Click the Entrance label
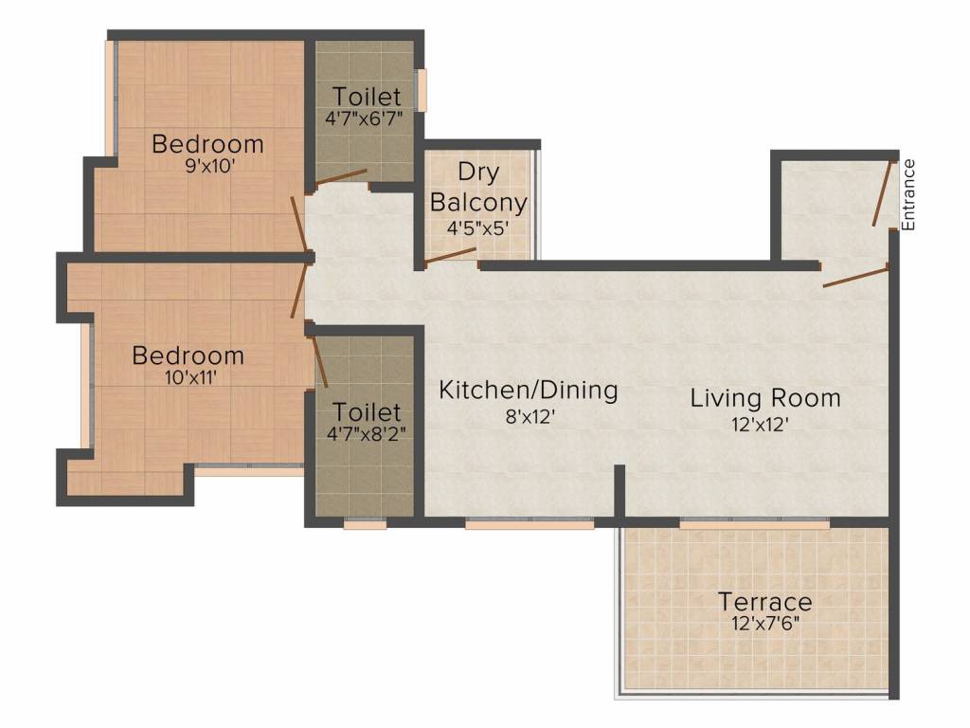point(908,195)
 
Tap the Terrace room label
point(764,601)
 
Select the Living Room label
point(765,397)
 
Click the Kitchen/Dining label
point(529,390)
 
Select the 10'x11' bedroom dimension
point(191,377)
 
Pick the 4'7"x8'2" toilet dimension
point(367,433)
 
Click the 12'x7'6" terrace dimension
point(765,623)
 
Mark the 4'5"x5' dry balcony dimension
point(478,227)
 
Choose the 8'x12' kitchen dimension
point(529,416)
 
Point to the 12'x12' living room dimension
point(760,424)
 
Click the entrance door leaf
point(884,193)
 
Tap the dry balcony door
point(451,256)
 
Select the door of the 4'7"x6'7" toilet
point(341,177)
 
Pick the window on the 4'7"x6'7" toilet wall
point(421,90)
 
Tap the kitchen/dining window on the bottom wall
point(530,524)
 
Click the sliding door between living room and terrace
point(755,524)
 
